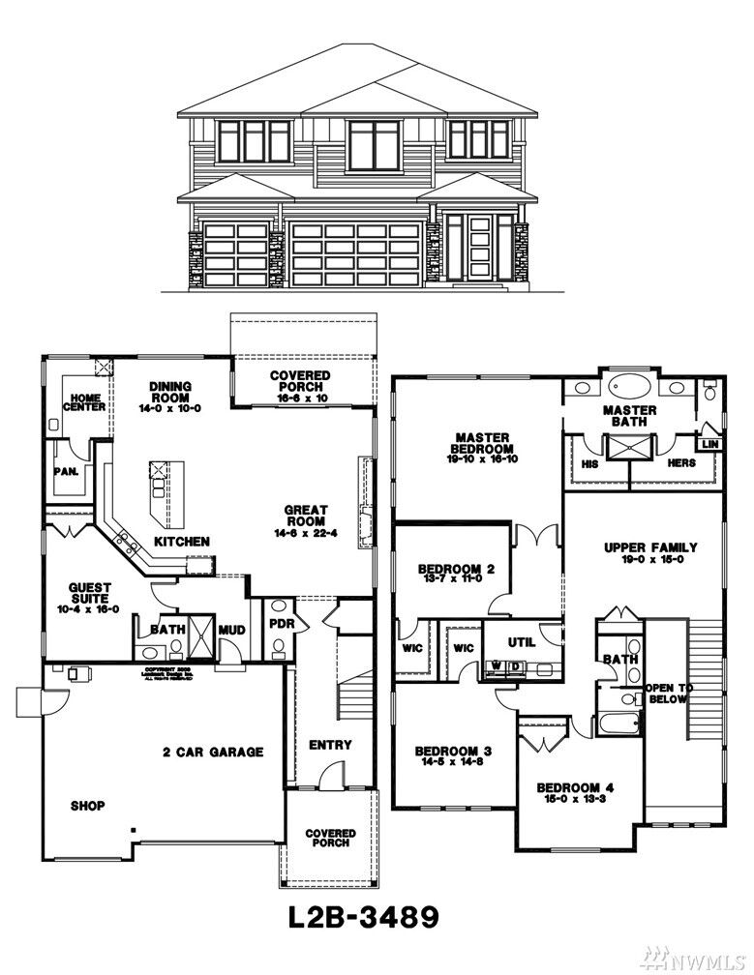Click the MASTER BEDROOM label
pyautogui.click(x=482, y=443)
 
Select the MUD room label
pyautogui.click(x=232, y=631)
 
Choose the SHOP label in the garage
pyautogui.click(x=87, y=805)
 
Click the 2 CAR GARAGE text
pyautogui.click(x=213, y=752)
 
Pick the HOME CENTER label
pyautogui.click(x=84, y=401)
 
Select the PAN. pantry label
pyautogui.click(x=66, y=473)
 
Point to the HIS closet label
pyautogui.click(x=589, y=463)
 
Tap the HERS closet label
pyautogui.click(x=682, y=463)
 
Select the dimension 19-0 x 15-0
pyautogui.click(x=650, y=561)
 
